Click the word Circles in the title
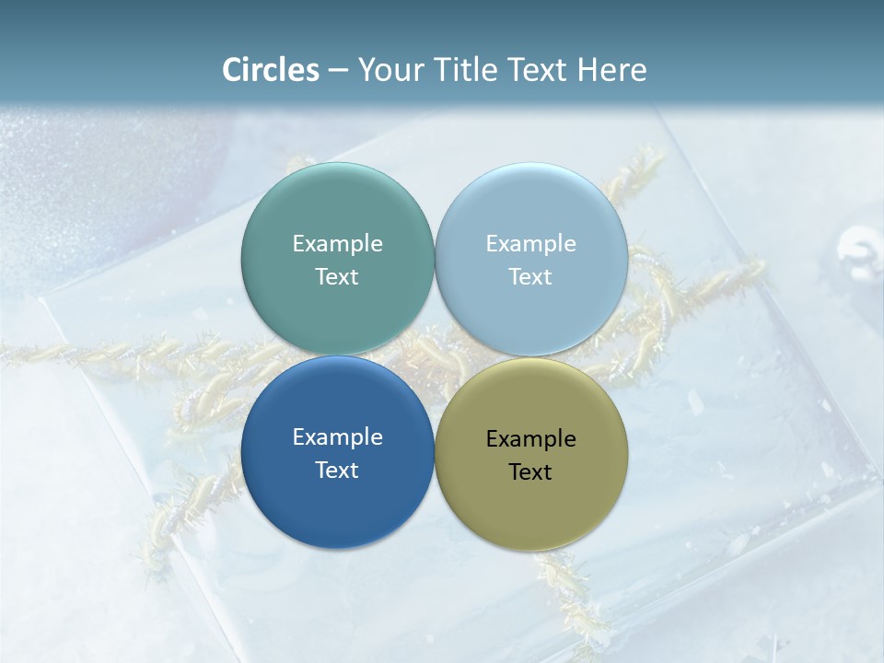(x=270, y=70)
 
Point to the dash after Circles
(x=338, y=71)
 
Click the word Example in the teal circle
(x=337, y=243)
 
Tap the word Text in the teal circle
(x=337, y=276)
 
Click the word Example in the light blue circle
(x=530, y=243)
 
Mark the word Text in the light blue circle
(x=530, y=276)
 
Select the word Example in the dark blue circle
(x=337, y=436)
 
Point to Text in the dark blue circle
(x=337, y=470)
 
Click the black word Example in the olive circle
(x=530, y=438)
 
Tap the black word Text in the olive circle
(x=530, y=471)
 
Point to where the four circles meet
(x=435, y=356)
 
